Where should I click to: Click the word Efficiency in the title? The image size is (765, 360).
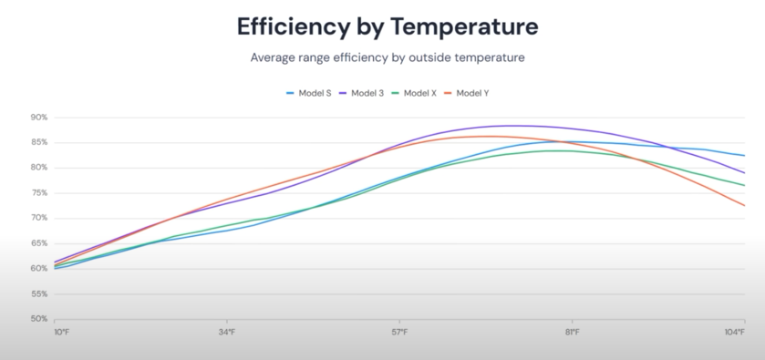coord(294,27)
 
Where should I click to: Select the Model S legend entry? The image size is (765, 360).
coord(309,93)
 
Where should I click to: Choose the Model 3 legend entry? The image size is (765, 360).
coord(361,93)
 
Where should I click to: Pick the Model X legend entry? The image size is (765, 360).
coord(414,93)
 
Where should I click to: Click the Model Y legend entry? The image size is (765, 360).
coord(467,93)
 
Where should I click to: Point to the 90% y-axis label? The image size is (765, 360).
coord(39,118)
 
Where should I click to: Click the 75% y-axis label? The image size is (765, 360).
coord(39,193)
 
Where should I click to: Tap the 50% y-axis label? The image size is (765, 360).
coord(39,319)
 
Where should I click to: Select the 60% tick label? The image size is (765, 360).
coord(39,269)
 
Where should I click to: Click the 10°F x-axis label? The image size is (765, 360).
coord(62,332)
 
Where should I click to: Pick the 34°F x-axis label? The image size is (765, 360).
coord(227,332)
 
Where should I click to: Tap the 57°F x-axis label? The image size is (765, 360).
coord(399,332)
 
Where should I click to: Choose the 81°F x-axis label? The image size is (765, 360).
coord(573,332)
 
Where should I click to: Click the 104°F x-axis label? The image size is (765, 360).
coord(735,332)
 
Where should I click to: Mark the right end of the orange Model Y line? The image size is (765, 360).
coord(745,205)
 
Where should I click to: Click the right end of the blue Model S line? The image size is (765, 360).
coord(745,156)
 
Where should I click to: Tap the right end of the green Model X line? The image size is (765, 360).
coord(745,185)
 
